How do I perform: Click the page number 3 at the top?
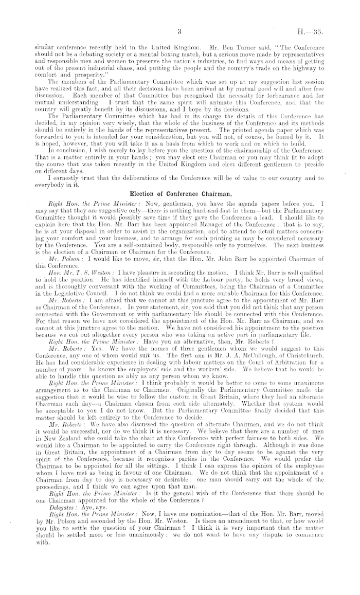tap(179, 31)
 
